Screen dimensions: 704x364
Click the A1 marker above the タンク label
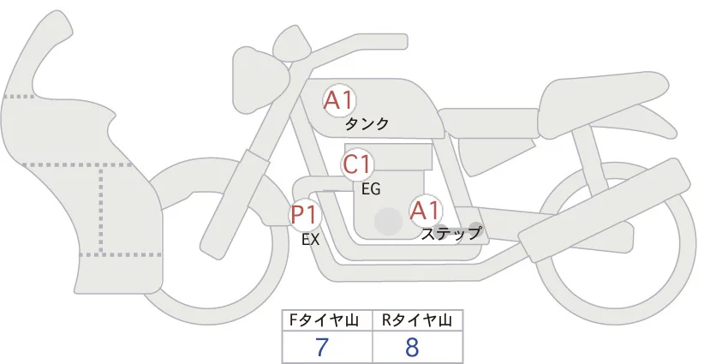(x=339, y=100)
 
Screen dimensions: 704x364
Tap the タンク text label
(x=367, y=124)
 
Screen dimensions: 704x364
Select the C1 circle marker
(x=357, y=164)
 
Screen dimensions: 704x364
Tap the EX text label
(x=310, y=240)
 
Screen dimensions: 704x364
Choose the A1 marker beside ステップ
(x=426, y=210)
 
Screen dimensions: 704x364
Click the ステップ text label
(x=452, y=232)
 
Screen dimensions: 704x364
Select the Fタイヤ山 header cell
(x=327, y=320)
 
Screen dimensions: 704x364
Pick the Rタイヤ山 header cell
(x=417, y=320)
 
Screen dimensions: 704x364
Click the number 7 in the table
(x=322, y=348)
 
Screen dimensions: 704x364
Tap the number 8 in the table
(x=412, y=348)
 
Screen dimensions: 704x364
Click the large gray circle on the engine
(x=389, y=221)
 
